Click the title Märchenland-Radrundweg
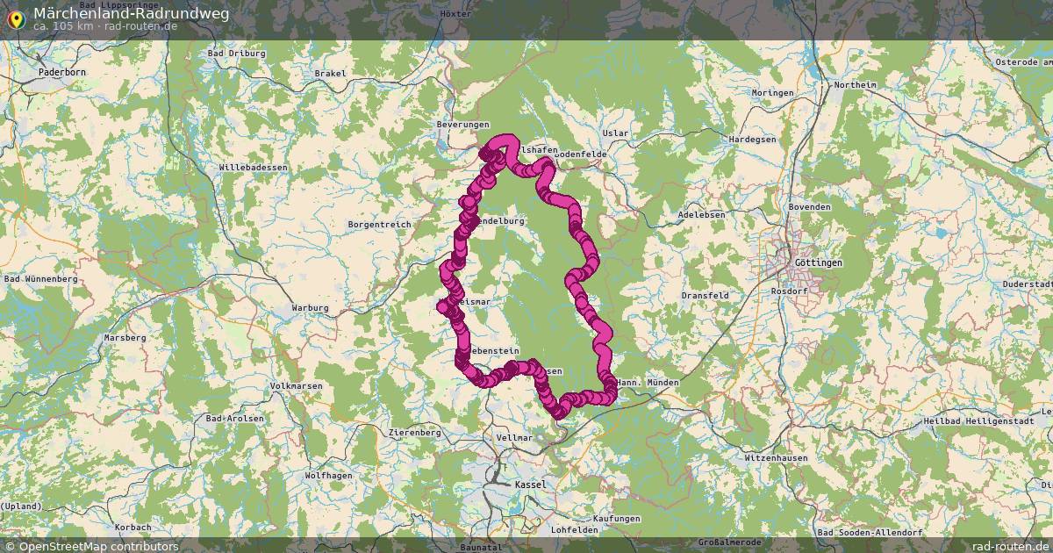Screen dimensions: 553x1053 [x=132, y=13]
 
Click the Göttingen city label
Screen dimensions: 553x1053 [x=817, y=262]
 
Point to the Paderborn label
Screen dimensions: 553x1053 [x=62, y=71]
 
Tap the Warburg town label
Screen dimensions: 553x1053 [x=310, y=308]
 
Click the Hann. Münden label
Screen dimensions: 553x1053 [x=648, y=383]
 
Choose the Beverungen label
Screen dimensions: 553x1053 [x=462, y=125]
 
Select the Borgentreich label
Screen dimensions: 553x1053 [x=379, y=225]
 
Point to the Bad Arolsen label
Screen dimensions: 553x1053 [x=234, y=419]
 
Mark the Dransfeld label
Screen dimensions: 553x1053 [x=705, y=296]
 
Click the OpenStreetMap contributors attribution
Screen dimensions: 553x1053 [x=91, y=546]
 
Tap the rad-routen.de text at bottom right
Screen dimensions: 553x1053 [x=1011, y=546]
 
